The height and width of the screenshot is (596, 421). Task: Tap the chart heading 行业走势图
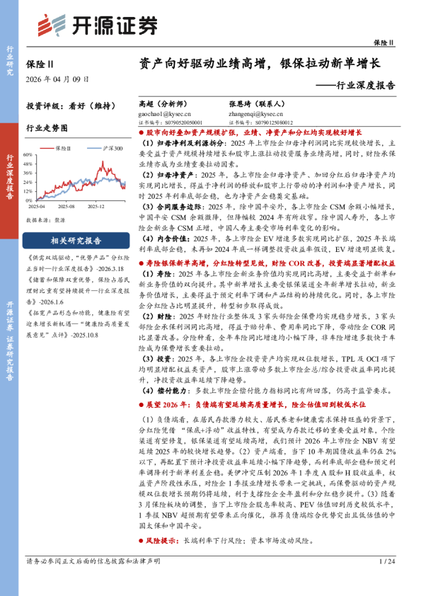pyautogui.click(x=47, y=129)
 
